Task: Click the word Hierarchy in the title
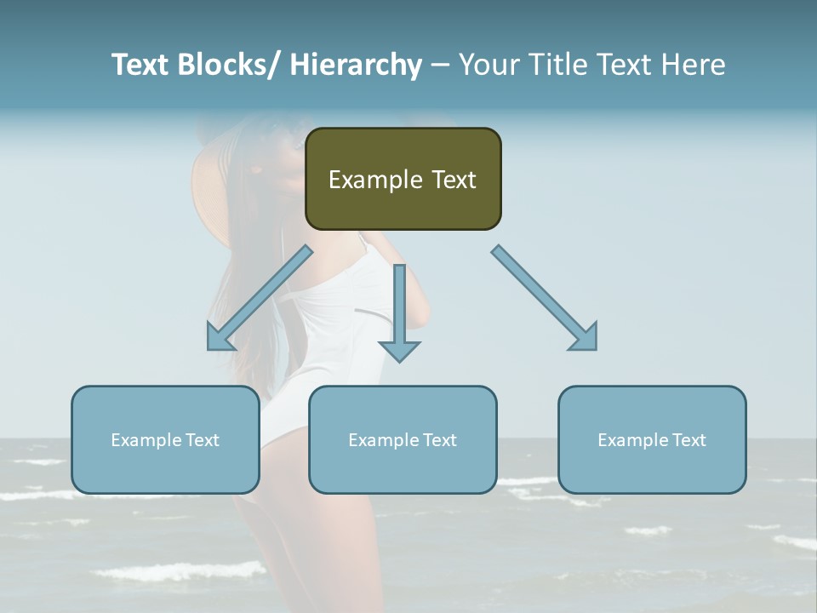[355, 65]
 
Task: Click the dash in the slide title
[440, 65]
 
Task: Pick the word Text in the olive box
[453, 180]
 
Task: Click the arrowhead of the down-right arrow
[585, 338]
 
